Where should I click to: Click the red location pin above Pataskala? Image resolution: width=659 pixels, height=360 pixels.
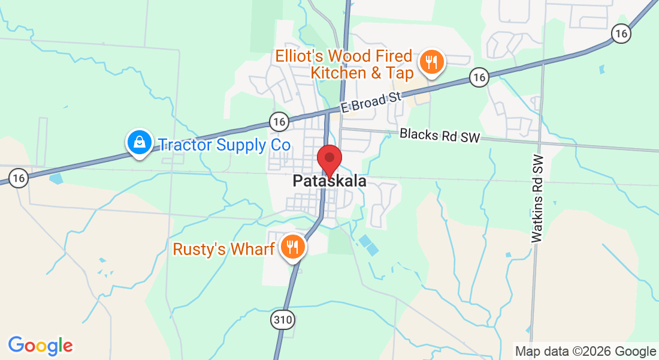point(329,159)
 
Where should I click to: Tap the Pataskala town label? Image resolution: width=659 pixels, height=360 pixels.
point(329,181)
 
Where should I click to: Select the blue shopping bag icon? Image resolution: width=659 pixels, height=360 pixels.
point(139,143)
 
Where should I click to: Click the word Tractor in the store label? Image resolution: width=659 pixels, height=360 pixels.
point(181,145)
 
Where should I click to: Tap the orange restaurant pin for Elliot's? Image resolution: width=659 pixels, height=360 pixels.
point(431,62)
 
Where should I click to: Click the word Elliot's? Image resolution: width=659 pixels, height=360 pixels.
point(302,56)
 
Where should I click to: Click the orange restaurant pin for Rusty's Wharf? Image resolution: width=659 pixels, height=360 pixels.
point(292,247)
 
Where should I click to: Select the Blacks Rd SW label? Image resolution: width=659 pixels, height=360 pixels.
point(440,136)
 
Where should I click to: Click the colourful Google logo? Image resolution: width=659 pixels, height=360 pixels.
point(40,346)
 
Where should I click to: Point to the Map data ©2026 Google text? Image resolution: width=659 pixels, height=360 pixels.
point(585,352)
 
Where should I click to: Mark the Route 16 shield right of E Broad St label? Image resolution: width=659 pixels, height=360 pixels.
point(479,77)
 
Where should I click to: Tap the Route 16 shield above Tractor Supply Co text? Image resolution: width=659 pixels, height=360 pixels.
point(279,122)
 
